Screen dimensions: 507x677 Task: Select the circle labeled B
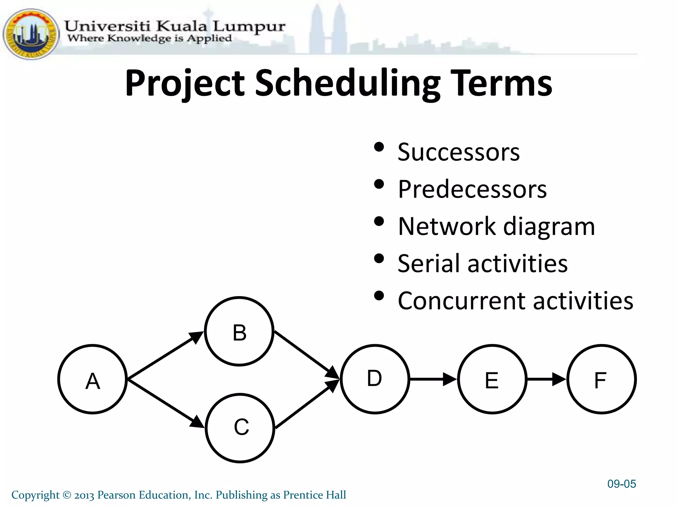click(x=239, y=331)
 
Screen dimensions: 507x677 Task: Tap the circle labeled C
click(x=240, y=428)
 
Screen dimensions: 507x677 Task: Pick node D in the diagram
click(x=375, y=379)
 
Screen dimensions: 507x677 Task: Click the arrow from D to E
click(x=433, y=379)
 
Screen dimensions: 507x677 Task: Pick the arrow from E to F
click(x=546, y=379)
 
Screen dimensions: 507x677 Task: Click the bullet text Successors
click(x=458, y=152)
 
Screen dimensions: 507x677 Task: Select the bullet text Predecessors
click(x=472, y=189)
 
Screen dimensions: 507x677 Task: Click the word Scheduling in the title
click(x=348, y=83)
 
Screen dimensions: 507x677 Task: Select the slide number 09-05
click(x=621, y=484)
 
